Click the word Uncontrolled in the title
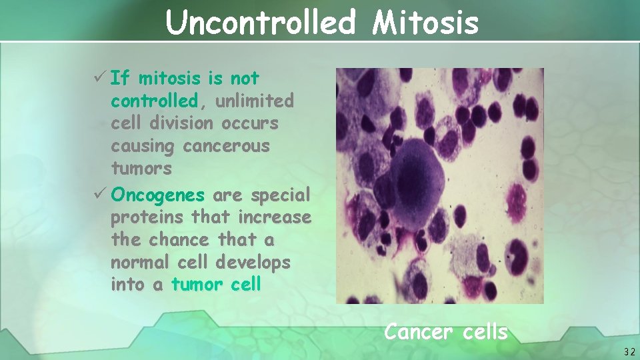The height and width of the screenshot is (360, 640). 261,23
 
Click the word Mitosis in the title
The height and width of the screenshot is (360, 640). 425,23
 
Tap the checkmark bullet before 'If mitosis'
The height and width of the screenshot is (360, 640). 101,79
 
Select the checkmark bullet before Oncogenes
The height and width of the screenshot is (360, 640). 101,195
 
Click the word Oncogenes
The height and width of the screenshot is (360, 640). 158,195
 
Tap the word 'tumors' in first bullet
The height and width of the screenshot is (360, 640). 141,169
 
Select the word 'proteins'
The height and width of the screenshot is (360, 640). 147,217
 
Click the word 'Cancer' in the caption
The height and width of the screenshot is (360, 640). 417,331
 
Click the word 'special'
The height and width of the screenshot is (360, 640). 280,195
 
